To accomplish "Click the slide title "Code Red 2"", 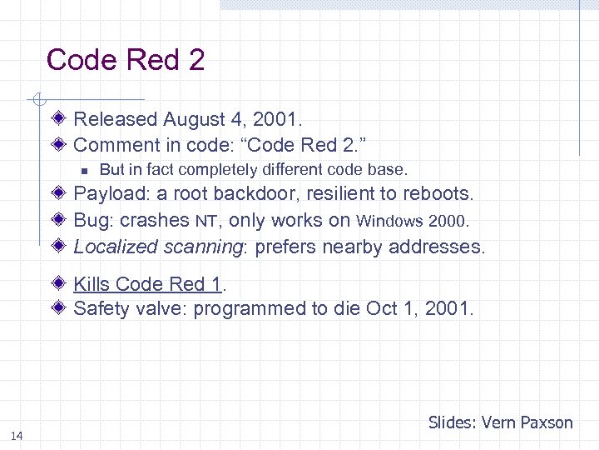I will pos(126,60).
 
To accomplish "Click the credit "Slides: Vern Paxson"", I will pos(500,422).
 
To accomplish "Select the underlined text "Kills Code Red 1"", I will pos(147,284).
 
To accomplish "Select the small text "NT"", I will pos(206,222).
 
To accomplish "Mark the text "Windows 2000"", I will pos(413,222).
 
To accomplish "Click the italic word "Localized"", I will pos(116,247).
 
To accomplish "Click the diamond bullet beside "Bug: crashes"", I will pos(61,220).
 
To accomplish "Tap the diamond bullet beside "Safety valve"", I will pos(61,307).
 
